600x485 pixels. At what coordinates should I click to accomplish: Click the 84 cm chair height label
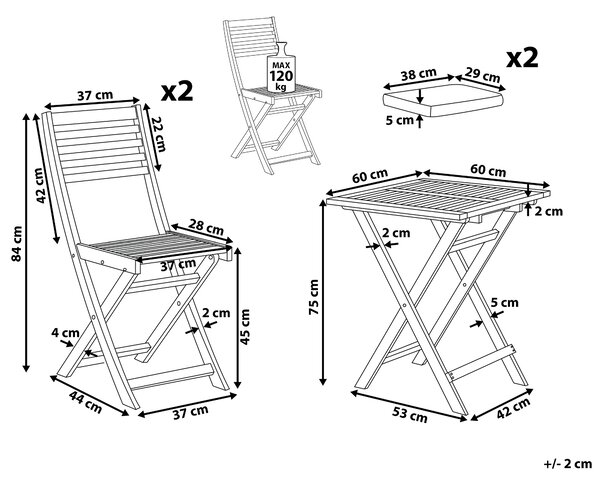(16, 243)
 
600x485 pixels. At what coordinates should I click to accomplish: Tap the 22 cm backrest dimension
(158, 134)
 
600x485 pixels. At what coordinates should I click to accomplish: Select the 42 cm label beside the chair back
(42, 185)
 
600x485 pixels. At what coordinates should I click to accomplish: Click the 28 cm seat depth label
(207, 229)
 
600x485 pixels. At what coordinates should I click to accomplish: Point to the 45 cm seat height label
(244, 327)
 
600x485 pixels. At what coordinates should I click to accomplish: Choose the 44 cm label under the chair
(86, 402)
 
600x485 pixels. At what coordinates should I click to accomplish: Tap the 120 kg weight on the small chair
(281, 78)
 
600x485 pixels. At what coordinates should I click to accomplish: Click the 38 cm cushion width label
(419, 74)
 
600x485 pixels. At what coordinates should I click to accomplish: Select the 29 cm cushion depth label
(483, 75)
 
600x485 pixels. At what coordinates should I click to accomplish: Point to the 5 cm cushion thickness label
(400, 120)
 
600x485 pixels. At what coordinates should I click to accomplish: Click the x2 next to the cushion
(522, 58)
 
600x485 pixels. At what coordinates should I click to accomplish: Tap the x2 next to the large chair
(177, 91)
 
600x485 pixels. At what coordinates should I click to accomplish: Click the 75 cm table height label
(314, 297)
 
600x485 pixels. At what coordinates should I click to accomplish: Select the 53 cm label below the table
(409, 415)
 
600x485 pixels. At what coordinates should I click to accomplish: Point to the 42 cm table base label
(514, 408)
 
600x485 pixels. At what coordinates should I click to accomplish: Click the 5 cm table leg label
(505, 303)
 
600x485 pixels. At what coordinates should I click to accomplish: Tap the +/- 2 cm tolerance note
(568, 464)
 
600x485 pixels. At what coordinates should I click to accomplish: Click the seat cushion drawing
(443, 100)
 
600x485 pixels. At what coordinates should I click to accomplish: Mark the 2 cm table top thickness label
(549, 211)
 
